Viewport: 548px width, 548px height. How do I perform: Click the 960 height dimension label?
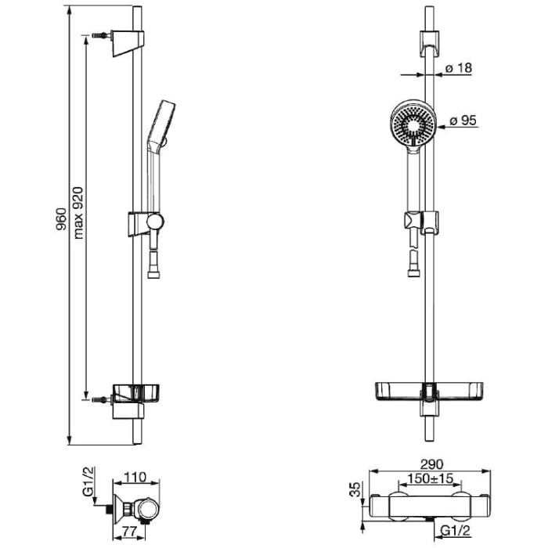[62, 219]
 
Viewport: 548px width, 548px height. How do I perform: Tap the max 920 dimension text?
[78, 213]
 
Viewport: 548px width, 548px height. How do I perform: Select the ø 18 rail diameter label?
[459, 68]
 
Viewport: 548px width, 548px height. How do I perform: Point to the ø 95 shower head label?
[463, 121]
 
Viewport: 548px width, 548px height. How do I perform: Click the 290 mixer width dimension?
[431, 464]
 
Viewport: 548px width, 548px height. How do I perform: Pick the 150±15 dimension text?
[431, 478]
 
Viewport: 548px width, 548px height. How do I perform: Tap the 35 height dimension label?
[355, 489]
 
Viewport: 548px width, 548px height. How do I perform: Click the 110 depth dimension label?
[135, 477]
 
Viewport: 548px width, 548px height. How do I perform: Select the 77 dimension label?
[129, 532]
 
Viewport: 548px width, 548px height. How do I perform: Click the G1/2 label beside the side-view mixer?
[88, 481]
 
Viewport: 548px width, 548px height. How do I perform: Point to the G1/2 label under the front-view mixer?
[456, 531]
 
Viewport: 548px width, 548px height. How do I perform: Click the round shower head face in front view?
[413, 122]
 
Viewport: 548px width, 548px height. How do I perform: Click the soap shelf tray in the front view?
[429, 391]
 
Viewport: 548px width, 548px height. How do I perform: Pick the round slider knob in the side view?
[155, 222]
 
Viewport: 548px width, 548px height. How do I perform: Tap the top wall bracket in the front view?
[430, 44]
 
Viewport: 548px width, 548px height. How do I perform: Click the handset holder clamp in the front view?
[421, 222]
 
